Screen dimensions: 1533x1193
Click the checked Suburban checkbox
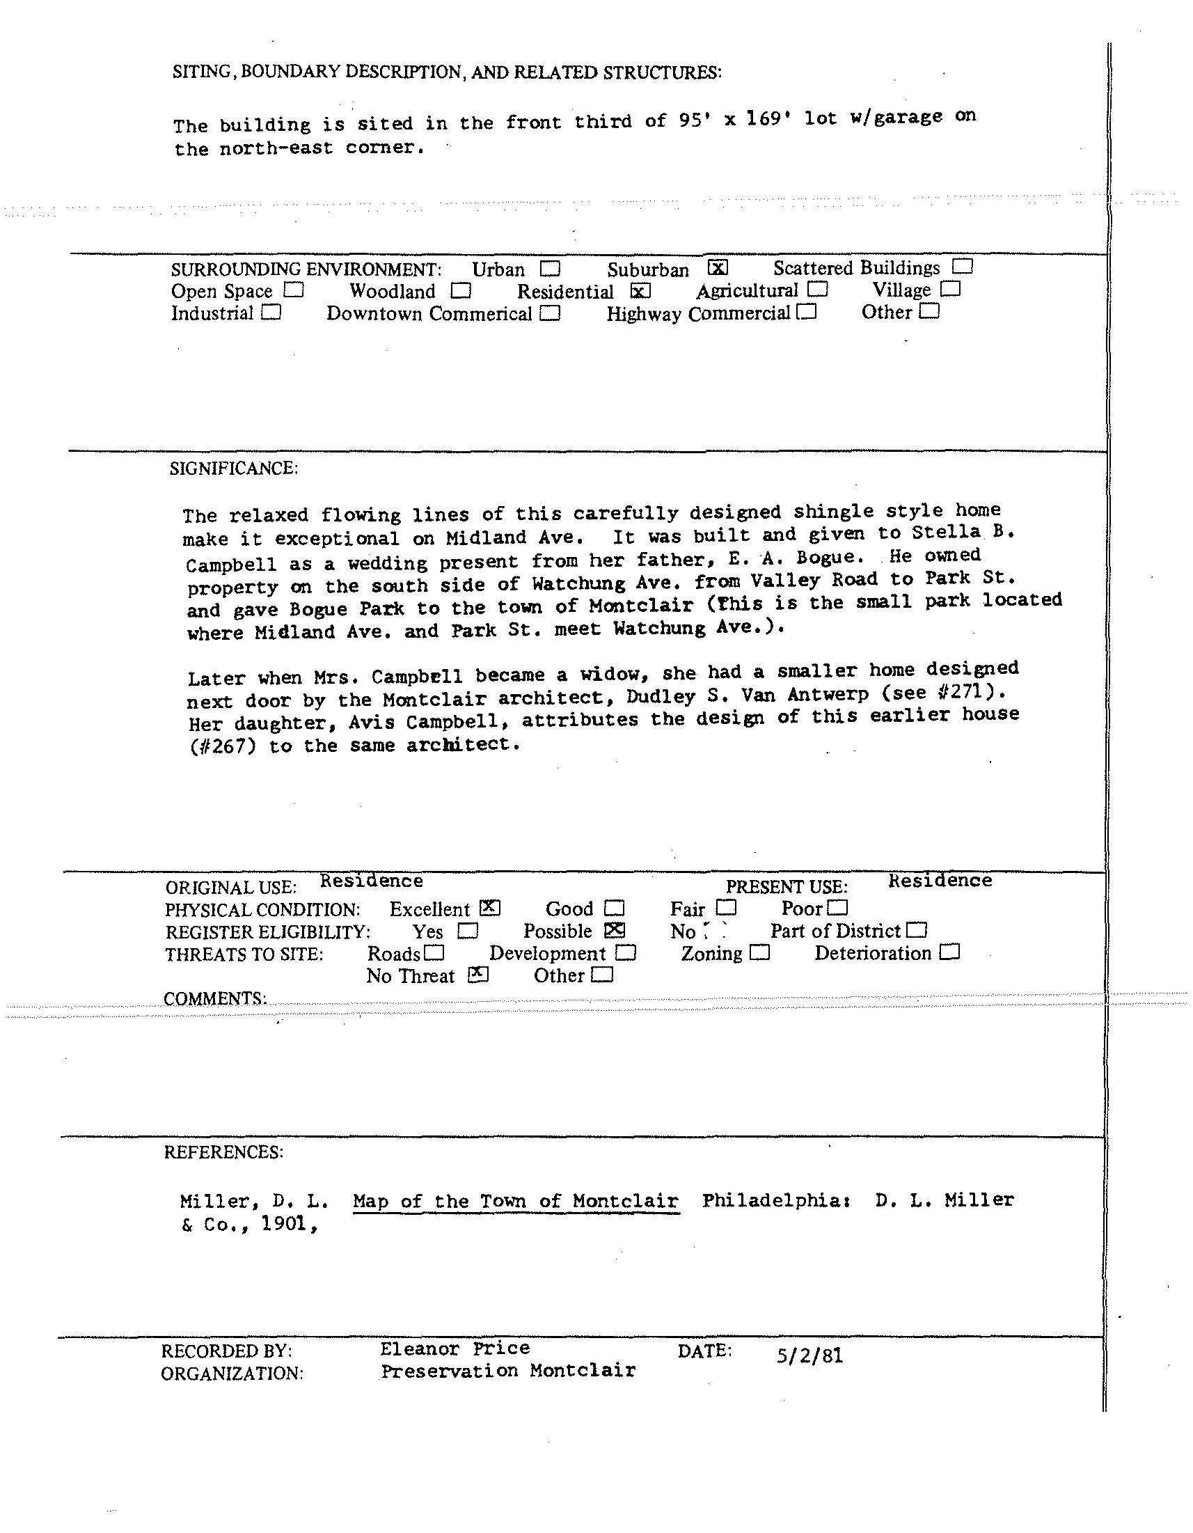click(x=718, y=268)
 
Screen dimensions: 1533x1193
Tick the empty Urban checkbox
click(x=551, y=269)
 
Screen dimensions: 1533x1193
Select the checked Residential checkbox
click(x=641, y=290)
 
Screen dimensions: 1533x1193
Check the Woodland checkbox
click(x=461, y=290)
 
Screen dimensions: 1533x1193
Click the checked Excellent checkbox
click(x=490, y=909)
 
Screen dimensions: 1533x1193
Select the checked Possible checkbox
click(x=614, y=931)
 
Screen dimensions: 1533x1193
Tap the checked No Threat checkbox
click(x=478, y=975)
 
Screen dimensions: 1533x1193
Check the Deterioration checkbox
click(x=950, y=952)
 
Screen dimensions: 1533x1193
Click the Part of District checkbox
click(x=917, y=931)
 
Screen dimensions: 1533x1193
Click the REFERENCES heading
click(x=224, y=1152)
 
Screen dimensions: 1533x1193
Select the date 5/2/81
click(x=809, y=1355)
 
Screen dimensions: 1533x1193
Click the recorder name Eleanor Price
click(x=455, y=1349)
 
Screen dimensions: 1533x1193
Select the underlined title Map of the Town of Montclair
click(x=516, y=1201)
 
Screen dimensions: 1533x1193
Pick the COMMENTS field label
click(x=215, y=998)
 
